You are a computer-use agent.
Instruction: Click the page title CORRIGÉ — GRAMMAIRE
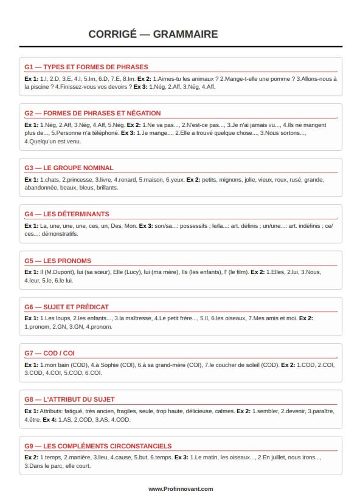(x=153, y=35)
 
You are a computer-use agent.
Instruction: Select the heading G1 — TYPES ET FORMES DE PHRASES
(x=86, y=67)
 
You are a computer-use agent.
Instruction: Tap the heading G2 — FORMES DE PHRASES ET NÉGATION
(x=92, y=113)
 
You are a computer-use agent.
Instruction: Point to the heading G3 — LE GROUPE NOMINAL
(x=69, y=168)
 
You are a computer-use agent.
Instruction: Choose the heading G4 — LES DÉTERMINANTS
(x=67, y=214)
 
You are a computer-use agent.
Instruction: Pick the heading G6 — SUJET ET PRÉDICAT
(x=66, y=307)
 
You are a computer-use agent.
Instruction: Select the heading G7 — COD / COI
(x=50, y=353)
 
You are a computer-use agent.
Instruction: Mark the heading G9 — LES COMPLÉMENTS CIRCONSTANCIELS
(x=98, y=446)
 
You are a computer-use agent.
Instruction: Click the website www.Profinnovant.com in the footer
(x=181, y=488)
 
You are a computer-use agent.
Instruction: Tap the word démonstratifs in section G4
(x=61, y=234)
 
